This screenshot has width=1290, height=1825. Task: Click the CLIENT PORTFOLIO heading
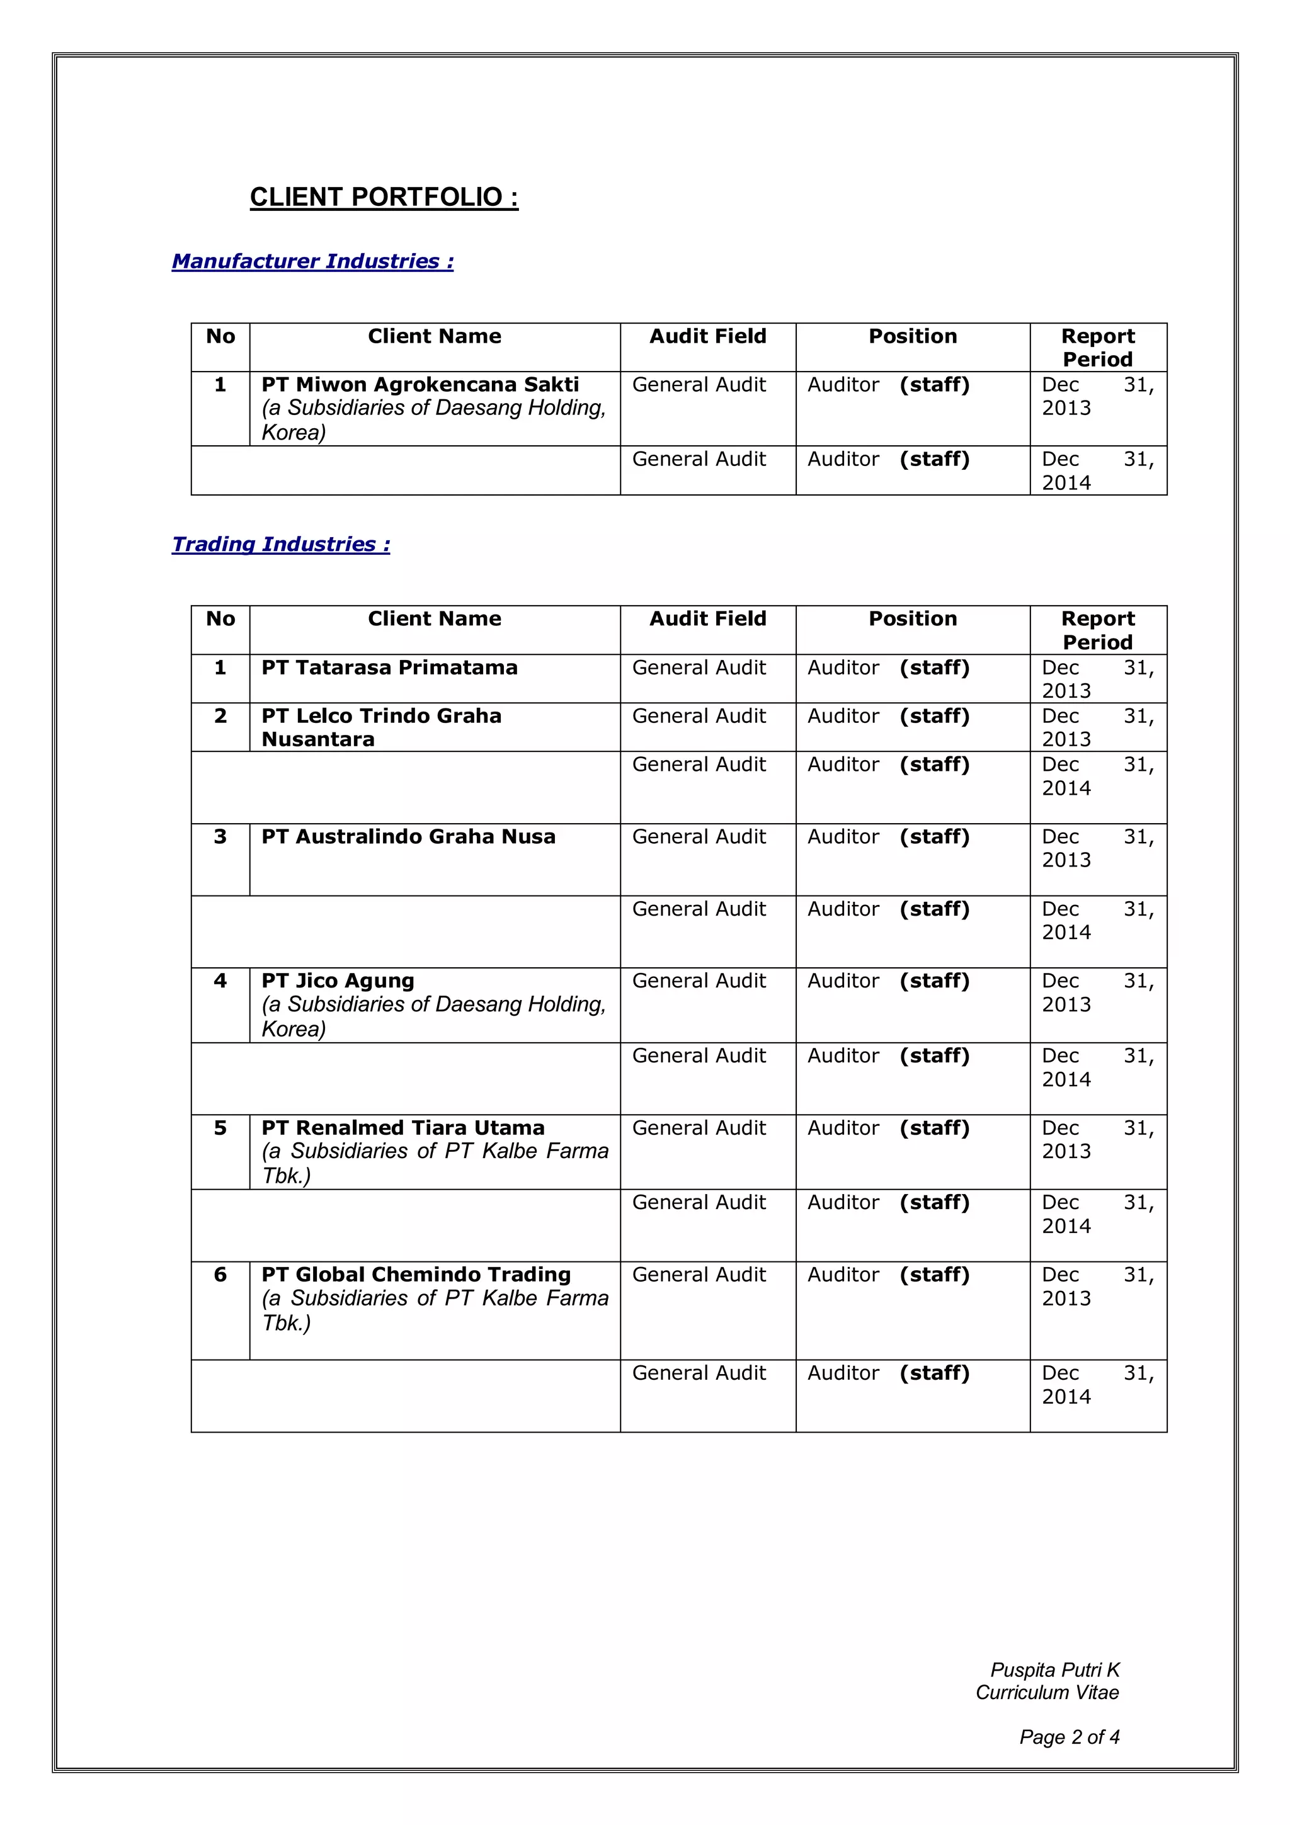[384, 197]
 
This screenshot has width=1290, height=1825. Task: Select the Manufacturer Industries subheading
[312, 261]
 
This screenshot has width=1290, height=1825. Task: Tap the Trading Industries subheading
[280, 545]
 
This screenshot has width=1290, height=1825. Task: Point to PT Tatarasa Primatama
[389, 668]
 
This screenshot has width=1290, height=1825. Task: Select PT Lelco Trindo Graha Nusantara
[382, 727]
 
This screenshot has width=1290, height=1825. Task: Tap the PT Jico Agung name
[338, 981]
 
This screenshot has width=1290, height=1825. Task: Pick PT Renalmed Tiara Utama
[403, 1128]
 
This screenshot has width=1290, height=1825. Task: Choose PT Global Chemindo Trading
[416, 1275]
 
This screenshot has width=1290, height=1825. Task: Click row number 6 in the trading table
[220, 1275]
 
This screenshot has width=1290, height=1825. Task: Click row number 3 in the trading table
[220, 837]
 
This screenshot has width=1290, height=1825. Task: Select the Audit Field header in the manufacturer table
[707, 336]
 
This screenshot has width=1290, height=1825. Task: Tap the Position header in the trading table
[913, 619]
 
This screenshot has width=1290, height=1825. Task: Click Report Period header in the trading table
[1098, 630]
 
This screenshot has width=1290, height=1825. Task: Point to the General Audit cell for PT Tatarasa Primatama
[699, 668]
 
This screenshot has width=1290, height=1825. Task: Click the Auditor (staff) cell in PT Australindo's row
[888, 837]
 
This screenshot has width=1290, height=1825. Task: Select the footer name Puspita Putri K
[1054, 1670]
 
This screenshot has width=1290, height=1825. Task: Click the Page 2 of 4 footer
[1069, 1737]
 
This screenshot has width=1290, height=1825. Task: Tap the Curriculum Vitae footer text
[1047, 1692]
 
